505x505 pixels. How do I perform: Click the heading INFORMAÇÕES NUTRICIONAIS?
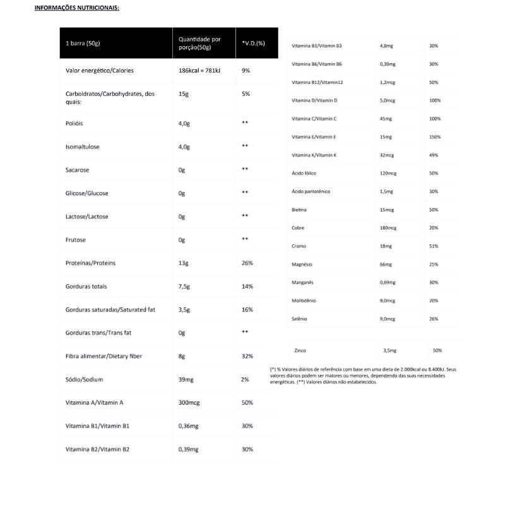(x=76, y=8)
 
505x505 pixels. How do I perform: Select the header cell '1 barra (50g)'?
(x=83, y=44)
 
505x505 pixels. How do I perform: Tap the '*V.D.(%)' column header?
(x=253, y=44)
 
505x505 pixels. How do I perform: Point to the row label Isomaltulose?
(x=82, y=147)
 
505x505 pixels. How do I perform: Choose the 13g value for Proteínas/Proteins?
(x=184, y=263)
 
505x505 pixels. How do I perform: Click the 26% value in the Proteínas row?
(x=247, y=263)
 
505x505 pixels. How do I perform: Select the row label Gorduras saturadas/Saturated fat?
(x=110, y=310)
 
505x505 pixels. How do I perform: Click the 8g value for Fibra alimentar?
(x=182, y=356)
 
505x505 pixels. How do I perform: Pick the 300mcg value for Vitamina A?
(x=189, y=403)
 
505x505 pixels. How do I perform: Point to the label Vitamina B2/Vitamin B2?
(x=97, y=449)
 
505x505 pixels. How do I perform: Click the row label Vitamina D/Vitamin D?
(x=314, y=100)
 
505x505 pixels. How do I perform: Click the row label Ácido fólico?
(x=304, y=173)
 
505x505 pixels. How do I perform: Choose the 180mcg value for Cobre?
(x=388, y=227)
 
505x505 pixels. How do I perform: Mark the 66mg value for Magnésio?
(x=386, y=264)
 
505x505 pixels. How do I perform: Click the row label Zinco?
(x=301, y=350)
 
